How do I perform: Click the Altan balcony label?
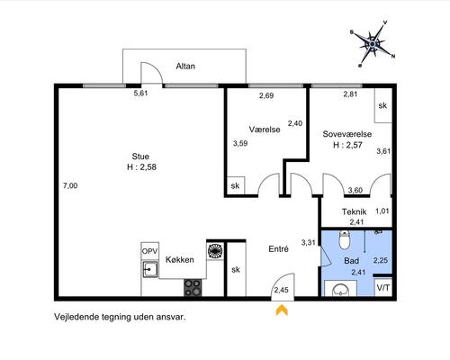click(x=185, y=66)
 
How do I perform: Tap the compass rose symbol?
click(x=373, y=44)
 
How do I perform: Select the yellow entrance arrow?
click(x=282, y=310)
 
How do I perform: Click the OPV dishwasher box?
click(x=149, y=251)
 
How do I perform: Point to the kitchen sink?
click(x=150, y=269)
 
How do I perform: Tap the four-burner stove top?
click(x=193, y=287)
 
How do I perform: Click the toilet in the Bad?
click(x=344, y=239)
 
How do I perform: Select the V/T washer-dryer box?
click(x=383, y=288)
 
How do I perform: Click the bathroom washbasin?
click(x=340, y=289)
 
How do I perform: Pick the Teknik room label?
click(x=354, y=211)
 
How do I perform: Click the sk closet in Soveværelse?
click(x=383, y=105)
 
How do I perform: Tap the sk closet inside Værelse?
click(x=236, y=185)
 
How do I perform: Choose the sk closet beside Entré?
click(x=236, y=269)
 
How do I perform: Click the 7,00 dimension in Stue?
click(x=70, y=185)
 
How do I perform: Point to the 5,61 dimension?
click(x=140, y=93)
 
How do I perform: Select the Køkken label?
click(x=180, y=259)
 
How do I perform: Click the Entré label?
click(x=278, y=249)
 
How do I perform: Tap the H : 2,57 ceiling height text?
click(x=347, y=145)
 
